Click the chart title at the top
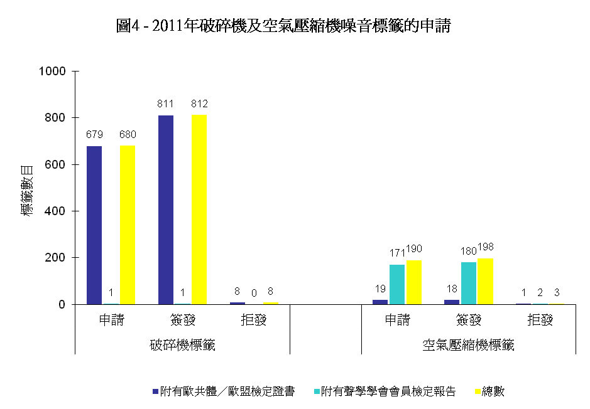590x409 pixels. tap(283, 26)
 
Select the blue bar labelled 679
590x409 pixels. tap(94, 225)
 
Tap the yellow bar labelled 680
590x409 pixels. tap(128, 225)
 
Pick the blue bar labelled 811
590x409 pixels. tap(166, 210)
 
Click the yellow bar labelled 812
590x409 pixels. tap(199, 210)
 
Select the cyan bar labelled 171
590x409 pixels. tap(397, 284)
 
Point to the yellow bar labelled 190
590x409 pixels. tap(414, 282)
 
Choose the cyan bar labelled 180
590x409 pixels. tap(469, 283)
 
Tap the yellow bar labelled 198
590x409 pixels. tap(486, 281)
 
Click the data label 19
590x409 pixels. tap(381, 289)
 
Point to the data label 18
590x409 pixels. tap(452, 289)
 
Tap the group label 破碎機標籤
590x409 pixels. tap(183, 345)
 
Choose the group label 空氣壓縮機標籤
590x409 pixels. tap(468, 345)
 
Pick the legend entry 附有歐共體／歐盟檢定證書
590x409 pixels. tap(227, 391)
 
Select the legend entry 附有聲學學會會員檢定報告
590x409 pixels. tap(388, 391)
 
